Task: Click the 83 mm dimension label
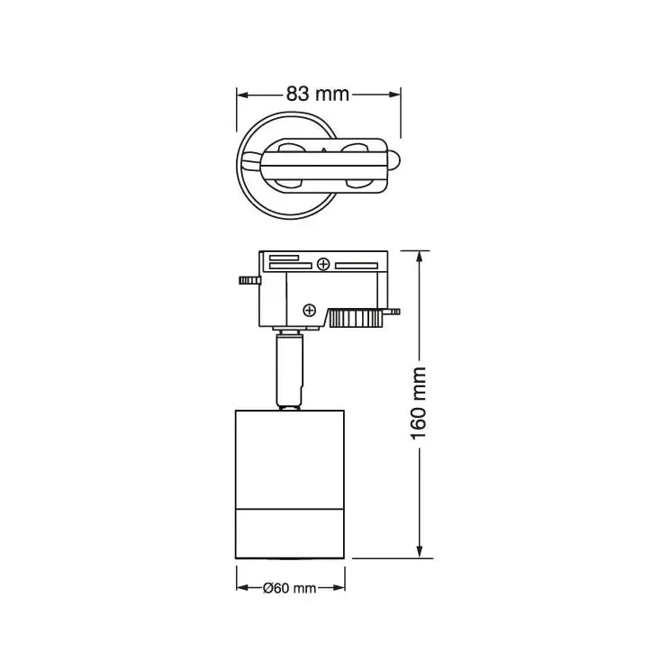tap(317, 94)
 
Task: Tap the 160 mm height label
tap(418, 403)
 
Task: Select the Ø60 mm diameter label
tap(289, 588)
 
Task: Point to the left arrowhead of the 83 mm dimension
tap(242, 95)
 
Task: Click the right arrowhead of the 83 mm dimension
tap(394, 95)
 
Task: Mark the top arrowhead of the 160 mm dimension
tap(419, 258)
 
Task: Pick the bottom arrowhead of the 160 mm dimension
tap(419, 552)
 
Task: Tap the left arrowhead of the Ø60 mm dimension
tap(242, 588)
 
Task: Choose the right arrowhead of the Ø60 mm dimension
tap(339, 588)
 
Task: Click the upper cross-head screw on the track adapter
tap(323, 265)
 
